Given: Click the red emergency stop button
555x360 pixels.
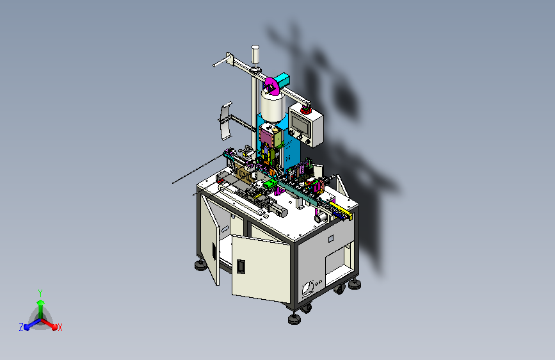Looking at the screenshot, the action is pyautogui.click(x=305, y=110).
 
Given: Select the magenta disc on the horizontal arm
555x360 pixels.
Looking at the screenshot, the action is pyautogui.click(x=270, y=86).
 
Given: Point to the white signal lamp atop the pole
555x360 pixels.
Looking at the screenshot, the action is pyautogui.click(x=255, y=54).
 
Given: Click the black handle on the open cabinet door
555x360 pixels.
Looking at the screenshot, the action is pyautogui.click(x=241, y=266).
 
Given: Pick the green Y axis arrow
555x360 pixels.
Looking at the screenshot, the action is pyautogui.click(x=40, y=308).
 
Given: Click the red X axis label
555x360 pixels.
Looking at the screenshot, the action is pyautogui.click(x=60, y=328).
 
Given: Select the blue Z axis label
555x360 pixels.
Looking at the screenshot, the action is pyautogui.click(x=21, y=327).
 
